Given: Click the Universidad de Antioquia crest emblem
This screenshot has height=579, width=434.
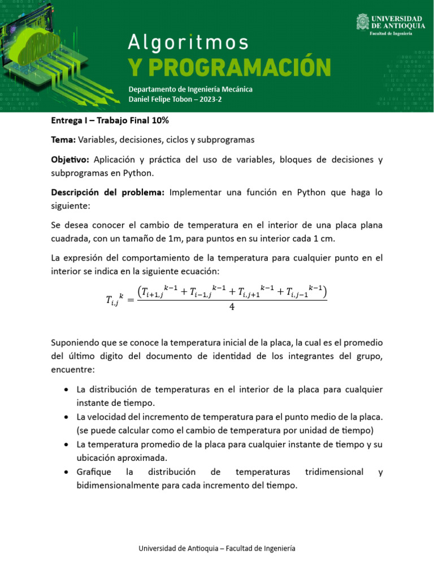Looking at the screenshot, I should [362, 22].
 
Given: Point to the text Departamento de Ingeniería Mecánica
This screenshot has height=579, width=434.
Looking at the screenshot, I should [190, 89].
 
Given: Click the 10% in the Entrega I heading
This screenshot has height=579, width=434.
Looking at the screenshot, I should [159, 120].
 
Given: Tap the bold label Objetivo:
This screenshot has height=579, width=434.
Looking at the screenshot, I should [70, 160].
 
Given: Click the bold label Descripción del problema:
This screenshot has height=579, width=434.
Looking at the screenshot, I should [107, 192].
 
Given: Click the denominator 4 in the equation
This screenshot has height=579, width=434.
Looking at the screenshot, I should [232, 307].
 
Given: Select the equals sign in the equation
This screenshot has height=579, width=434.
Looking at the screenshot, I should [128, 300].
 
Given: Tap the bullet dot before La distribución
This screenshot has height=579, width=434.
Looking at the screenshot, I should [67, 390].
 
